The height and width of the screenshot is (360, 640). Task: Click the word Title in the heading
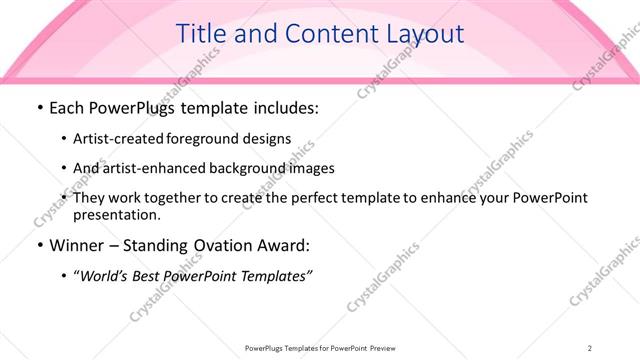coord(200,34)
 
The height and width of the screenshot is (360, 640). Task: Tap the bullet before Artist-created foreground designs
coord(64,139)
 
